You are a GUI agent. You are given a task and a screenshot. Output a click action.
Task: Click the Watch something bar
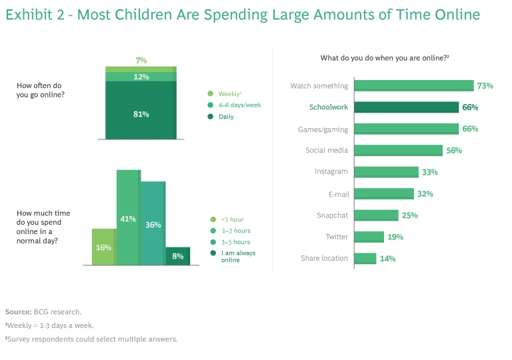tap(413, 86)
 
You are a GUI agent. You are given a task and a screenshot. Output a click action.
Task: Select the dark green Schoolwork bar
tap(406, 107)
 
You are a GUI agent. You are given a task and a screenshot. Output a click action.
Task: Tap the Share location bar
tap(365, 258)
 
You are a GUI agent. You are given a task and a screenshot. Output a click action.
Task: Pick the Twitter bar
tap(369, 237)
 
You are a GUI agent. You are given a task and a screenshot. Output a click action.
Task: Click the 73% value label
tap(485, 86)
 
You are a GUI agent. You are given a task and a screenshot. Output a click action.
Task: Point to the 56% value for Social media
tap(454, 151)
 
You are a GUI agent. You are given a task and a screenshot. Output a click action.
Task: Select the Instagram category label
tap(331, 172)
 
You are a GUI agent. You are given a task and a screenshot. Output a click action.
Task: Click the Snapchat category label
tap(332, 215)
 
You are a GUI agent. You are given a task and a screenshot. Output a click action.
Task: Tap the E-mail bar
tap(383, 193)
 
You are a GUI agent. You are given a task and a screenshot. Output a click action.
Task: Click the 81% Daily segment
tap(141, 113)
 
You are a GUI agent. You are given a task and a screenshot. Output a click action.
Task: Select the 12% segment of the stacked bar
tap(141, 77)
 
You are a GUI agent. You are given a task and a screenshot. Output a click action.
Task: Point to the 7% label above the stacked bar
tap(141, 61)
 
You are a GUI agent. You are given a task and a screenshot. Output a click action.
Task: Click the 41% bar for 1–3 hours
tap(128, 218)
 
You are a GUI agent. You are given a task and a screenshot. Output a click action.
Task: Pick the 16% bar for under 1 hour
tap(104, 247)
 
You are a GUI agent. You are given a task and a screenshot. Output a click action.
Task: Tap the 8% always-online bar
tap(177, 255)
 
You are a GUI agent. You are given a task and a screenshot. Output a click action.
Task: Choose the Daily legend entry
tap(225, 117)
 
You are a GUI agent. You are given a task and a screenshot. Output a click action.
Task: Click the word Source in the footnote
tap(17, 311)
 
